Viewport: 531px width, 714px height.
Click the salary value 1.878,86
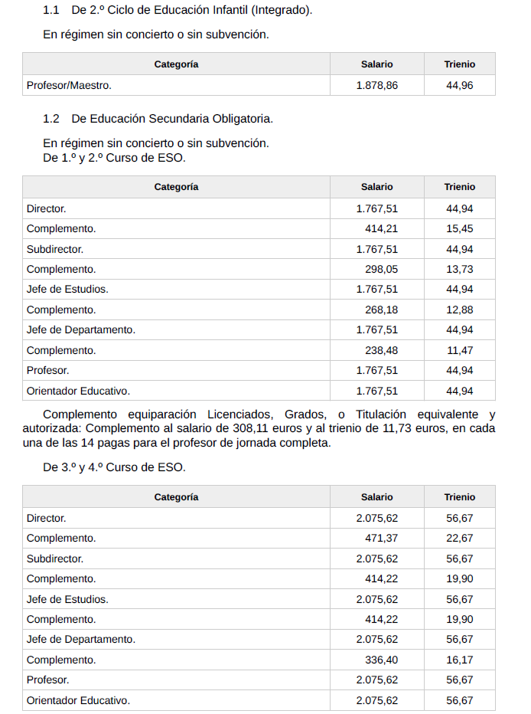pyautogui.click(x=376, y=86)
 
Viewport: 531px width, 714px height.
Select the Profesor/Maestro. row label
pyautogui.click(x=69, y=86)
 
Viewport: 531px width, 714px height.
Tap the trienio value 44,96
pyautogui.click(x=459, y=86)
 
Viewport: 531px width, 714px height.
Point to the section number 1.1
pyautogui.click(x=51, y=11)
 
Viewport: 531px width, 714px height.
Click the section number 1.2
pyautogui.click(x=51, y=119)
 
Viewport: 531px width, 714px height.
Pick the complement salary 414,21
pyautogui.click(x=381, y=229)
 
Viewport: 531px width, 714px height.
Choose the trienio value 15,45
pyautogui.click(x=459, y=229)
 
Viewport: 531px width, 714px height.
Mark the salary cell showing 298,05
pyautogui.click(x=381, y=269)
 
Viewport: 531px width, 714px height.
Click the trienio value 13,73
pyautogui.click(x=459, y=269)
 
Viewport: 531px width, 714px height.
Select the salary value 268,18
pyautogui.click(x=381, y=310)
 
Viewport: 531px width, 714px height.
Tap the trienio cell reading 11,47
pyautogui.click(x=459, y=350)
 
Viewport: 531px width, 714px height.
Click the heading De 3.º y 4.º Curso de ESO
pyautogui.click(x=114, y=467)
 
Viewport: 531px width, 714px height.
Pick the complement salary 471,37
pyautogui.click(x=381, y=539)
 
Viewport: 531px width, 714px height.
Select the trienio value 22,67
pyautogui.click(x=459, y=539)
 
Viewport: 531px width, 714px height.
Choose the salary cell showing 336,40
pyautogui.click(x=381, y=660)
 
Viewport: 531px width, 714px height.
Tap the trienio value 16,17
pyautogui.click(x=459, y=660)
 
